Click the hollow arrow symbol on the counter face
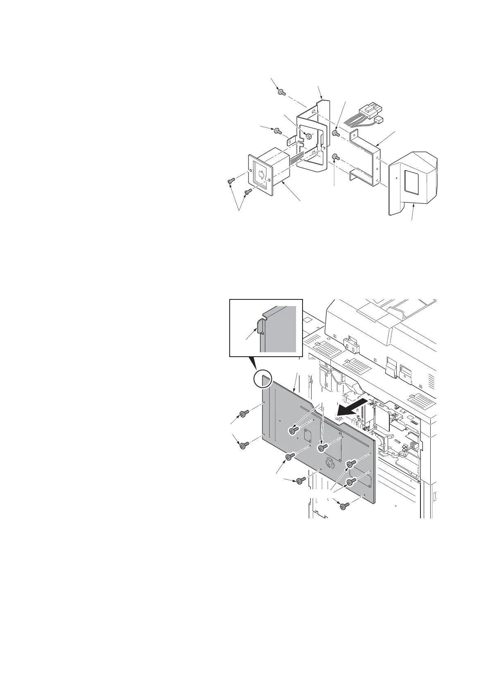(261, 175)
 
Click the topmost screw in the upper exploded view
(281, 93)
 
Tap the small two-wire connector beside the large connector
(379, 120)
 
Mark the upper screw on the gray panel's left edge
(245, 414)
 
